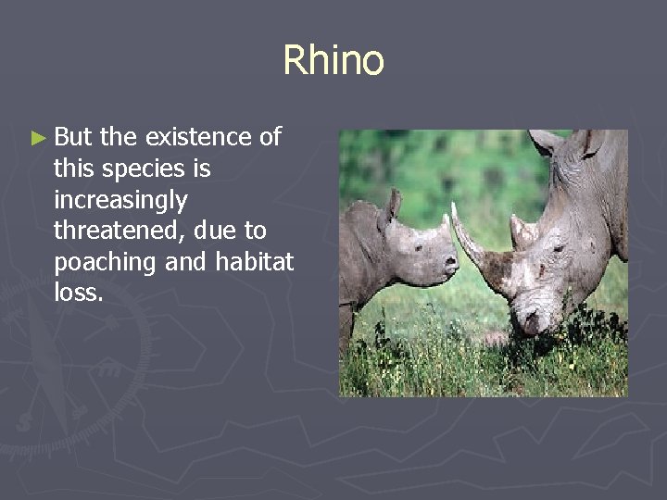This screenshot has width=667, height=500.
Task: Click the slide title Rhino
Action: pos(333,61)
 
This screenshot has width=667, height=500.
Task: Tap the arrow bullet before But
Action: pos(37,139)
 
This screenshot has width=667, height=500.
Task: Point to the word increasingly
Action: pos(120,201)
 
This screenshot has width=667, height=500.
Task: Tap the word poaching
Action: pos(106,263)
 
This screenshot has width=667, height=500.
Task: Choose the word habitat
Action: pos(254,262)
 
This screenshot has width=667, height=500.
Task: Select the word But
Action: pos(74,138)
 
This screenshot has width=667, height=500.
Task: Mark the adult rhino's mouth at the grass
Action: pos(531,324)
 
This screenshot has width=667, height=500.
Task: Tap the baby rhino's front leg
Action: pos(346,329)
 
